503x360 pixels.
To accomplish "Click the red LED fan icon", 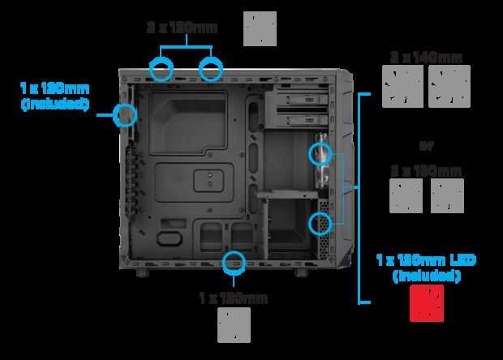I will coord(426,305).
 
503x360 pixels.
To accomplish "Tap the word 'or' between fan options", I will coord(425,146).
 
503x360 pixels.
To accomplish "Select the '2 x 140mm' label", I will coord(425,57).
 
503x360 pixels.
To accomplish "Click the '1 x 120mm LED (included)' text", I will coord(426,268).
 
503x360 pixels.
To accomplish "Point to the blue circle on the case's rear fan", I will coord(125,114).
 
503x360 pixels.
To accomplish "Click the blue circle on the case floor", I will coord(234,261).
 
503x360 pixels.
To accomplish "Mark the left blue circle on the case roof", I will coord(162,68).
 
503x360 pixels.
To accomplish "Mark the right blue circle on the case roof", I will coord(210,68).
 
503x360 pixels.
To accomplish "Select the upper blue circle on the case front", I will coord(320,152).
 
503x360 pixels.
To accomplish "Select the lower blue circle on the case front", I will coord(321,221).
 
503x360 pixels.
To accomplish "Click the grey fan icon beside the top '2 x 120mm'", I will coord(260,28).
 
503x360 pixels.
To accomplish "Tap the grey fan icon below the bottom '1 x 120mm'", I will coord(234,325).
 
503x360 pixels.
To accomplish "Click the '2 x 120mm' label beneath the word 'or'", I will coord(426,171).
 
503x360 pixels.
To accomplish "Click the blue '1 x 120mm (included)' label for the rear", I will coord(54,95).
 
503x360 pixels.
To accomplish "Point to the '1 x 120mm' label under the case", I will coord(233,298).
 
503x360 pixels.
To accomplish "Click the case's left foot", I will coord(142,273).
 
